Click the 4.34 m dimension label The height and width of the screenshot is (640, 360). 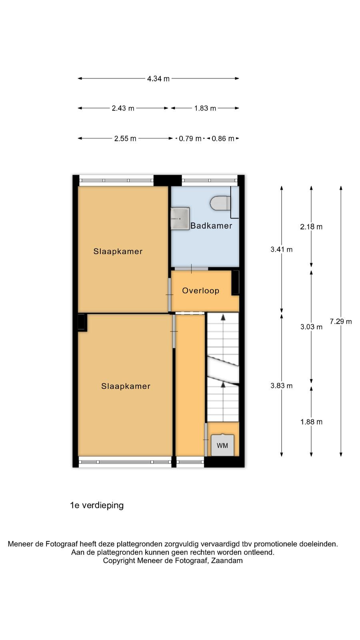coord(158,78)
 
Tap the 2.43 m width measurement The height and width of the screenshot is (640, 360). coord(123,108)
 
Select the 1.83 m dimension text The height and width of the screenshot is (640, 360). coord(205,108)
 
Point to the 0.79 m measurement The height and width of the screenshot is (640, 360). coord(190,138)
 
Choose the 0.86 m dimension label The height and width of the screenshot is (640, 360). coord(223,138)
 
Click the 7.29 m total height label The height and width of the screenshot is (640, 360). coord(341,322)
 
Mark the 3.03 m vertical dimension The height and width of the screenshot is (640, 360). coord(312,327)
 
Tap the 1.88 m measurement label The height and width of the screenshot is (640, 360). coord(312,422)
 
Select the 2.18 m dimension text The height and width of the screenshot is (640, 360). coord(312,227)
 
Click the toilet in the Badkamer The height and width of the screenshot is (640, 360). coord(220,203)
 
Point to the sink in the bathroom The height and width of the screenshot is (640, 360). coord(180,218)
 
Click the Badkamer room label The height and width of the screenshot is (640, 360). coord(212,226)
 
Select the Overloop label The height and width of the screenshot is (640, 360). coord(200,291)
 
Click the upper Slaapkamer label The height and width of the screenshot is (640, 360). coord(118,252)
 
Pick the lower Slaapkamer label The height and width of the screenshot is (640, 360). coord(126,386)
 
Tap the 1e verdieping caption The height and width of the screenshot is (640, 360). coord(97,505)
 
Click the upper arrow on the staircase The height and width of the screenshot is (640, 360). coord(223,317)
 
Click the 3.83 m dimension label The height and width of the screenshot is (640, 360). coord(282,386)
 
